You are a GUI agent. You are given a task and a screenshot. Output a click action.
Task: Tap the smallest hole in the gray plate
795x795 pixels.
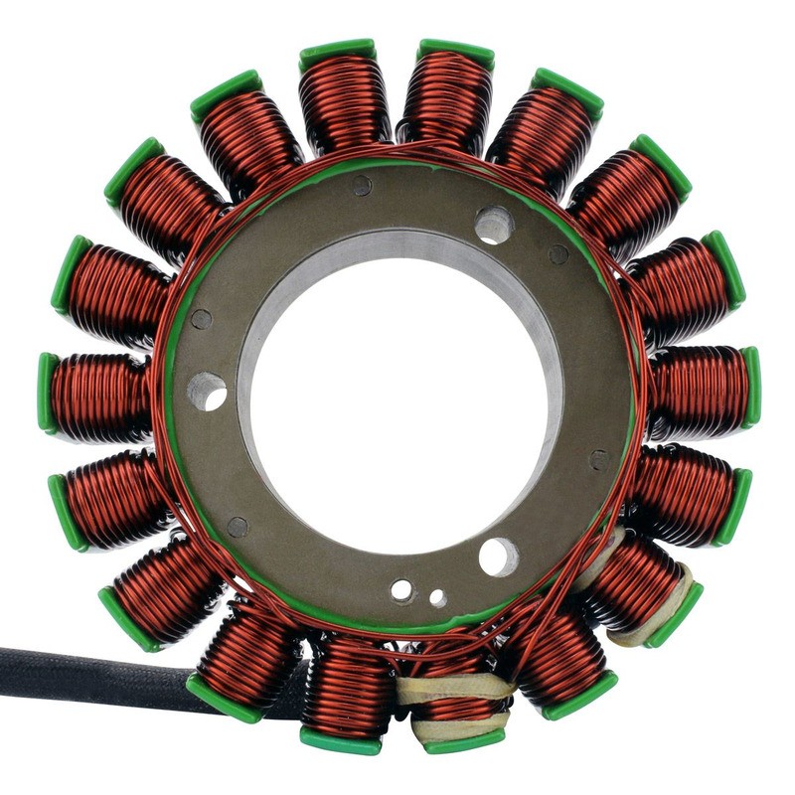[437, 598]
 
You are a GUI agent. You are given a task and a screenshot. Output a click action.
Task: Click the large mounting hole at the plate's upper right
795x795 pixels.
[494, 225]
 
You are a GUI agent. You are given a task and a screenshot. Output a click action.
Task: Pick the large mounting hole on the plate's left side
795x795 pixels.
[207, 392]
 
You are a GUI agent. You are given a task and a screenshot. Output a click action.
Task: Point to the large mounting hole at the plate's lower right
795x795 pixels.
[499, 556]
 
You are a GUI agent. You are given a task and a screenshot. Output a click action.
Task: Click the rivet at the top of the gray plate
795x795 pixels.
[362, 185]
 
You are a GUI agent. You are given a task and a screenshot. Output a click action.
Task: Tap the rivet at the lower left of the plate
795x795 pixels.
[237, 527]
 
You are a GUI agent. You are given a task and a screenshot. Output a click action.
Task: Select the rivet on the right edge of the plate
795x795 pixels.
[599, 459]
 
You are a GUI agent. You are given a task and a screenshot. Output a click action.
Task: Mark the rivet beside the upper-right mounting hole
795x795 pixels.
[558, 254]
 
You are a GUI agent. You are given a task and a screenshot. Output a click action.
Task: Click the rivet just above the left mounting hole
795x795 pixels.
[202, 319]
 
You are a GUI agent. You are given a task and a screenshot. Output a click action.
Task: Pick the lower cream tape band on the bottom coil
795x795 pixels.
[459, 727]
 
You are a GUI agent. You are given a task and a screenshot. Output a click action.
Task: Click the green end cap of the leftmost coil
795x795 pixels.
[47, 394]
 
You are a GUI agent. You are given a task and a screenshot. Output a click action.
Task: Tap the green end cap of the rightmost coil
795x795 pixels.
[751, 388]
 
